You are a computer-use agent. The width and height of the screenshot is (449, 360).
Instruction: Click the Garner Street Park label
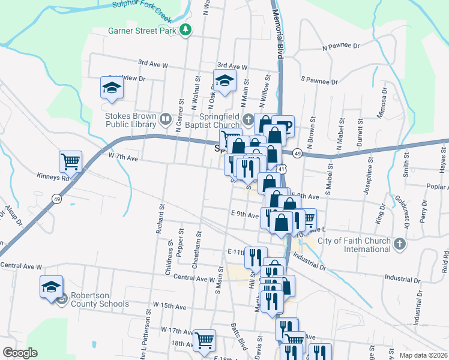click(143, 29)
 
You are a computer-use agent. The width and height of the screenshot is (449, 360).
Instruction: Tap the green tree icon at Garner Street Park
click(186, 29)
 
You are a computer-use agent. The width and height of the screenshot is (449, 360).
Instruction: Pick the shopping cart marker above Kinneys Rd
click(70, 161)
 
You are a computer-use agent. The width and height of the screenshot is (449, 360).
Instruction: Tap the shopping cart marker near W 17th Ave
click(205, 340)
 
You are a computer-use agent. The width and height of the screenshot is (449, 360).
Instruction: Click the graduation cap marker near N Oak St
click(224, 81)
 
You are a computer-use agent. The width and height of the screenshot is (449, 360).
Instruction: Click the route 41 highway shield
click(282, 170)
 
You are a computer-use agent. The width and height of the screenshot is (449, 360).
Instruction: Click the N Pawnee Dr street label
click(340, 46)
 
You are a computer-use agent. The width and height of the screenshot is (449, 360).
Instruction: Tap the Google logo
click(20, 353)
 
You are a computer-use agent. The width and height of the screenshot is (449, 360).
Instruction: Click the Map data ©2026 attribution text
click(423, 355)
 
